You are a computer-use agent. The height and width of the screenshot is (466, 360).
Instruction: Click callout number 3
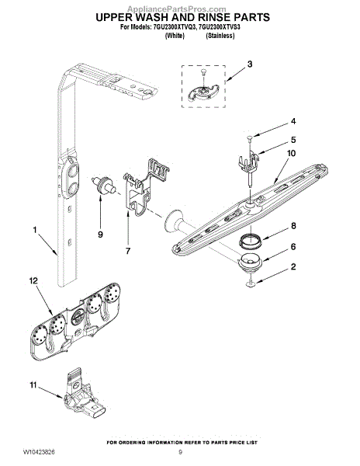click(250, 64)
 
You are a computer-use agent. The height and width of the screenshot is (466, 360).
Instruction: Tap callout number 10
click(291, 153)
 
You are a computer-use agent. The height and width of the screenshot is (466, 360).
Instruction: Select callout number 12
click(33, 280)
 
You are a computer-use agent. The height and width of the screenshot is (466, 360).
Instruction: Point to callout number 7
click(128, 251)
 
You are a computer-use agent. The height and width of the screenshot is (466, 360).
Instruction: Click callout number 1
click(35, 230)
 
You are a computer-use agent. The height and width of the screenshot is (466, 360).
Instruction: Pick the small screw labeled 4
click(250, 137)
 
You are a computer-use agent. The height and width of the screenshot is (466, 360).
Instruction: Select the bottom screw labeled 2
click(251, 283)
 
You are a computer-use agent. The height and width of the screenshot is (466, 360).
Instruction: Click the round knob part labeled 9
click(104, 185)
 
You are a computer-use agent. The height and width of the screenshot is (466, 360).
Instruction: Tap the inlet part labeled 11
click(83, 392)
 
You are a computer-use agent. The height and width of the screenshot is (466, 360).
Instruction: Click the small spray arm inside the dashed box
click(203, 91)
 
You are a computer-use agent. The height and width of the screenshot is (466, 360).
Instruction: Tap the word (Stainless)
click(220, 36)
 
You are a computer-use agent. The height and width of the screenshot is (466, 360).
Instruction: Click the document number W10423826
click(39, 453)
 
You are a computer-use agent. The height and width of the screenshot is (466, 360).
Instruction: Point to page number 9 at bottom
click(181, 453)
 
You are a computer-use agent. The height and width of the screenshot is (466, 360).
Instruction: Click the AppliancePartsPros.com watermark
click(176, 9)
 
